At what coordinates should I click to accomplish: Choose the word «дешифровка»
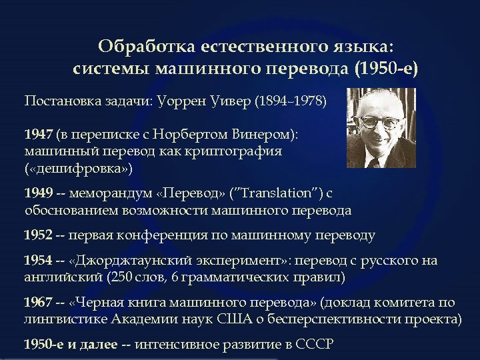(x=79, y=167)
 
